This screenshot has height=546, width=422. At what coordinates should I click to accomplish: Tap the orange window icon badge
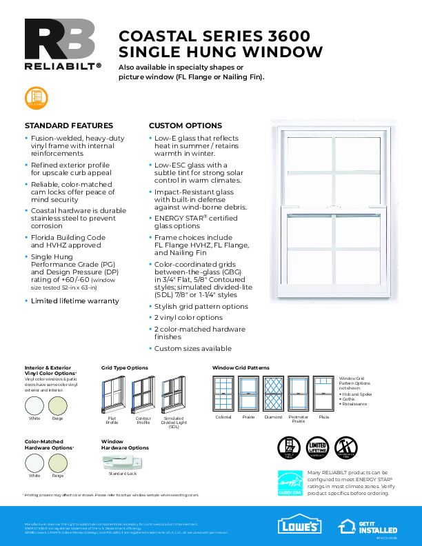pos(35,98)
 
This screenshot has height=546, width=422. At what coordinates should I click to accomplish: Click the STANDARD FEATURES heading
pos(69,126)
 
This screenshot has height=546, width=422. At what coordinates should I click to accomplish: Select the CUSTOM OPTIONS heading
pos(185,126)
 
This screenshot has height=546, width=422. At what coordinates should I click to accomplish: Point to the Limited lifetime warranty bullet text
pos(74,301)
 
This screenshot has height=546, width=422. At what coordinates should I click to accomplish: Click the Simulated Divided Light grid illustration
pos(173,396)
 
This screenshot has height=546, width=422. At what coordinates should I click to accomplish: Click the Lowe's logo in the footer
pos(299,526)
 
